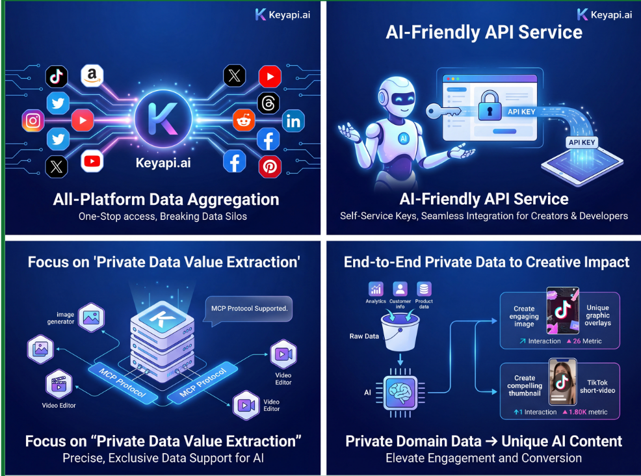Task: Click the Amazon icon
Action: pyautogui.click(x=92, y=75)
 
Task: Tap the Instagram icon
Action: pyautogui.click(x=33, y=121)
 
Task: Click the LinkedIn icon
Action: pyautogui.click(x=293, y=120)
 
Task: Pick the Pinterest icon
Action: pyautogui.click(x=270, y=166)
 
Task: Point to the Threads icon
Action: pyautogui.click(x=268, y=103)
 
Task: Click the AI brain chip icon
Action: pyautogui.click(x=400, y=391)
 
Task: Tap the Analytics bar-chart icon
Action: pyautogui.click(x=376, y=289)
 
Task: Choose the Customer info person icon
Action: pyautogui.click(x=400, y=289)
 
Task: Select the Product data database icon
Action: pyautogui.click(x=424, y=289)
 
